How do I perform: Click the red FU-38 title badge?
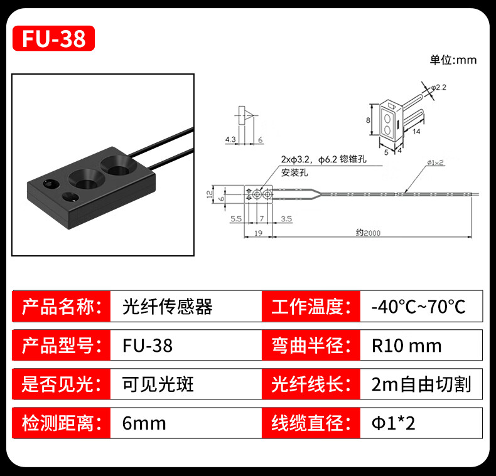53,38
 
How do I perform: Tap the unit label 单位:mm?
453,60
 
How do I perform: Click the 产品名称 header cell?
61,307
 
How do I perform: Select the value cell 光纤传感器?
167,307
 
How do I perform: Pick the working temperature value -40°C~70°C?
418,307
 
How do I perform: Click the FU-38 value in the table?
147,346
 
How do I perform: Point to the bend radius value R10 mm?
406,346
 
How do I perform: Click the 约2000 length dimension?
368,233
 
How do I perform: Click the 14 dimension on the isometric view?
416,130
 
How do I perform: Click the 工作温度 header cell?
310,307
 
